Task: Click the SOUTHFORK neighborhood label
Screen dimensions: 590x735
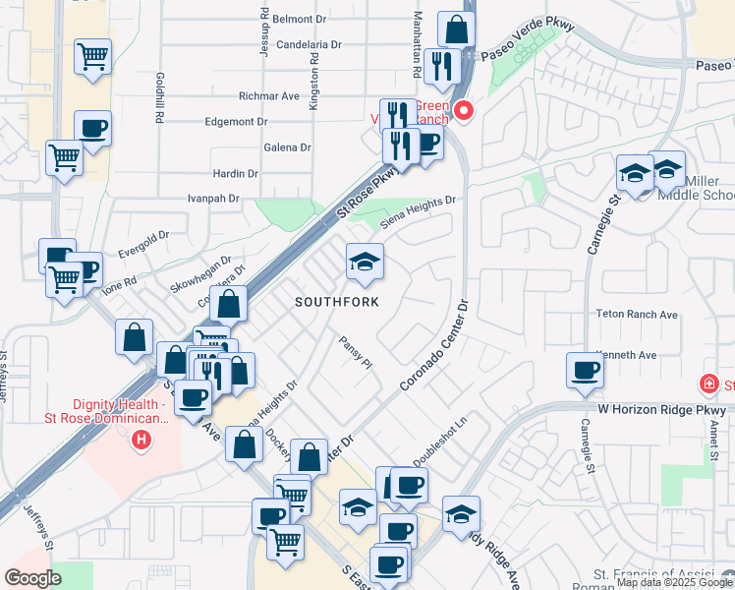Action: (337, 302)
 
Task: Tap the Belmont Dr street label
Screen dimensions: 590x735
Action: (299, 19)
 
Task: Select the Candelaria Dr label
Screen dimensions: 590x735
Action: (309, 44)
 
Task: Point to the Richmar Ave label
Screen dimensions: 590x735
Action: (268, 96)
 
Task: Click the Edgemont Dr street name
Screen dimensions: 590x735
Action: (236, 122)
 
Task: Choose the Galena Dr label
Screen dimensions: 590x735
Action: (287, 147)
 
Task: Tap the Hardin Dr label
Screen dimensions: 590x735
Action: (235, 173)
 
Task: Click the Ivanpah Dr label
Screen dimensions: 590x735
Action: (213, 199)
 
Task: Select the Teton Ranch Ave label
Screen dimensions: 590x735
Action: (637, 315)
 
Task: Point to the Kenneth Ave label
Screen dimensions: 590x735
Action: (627, 354)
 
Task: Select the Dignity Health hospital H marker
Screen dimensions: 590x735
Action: (141, 439)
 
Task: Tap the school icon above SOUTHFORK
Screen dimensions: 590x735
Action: (365, 262)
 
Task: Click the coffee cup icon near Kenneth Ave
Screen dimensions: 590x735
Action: (586, 371)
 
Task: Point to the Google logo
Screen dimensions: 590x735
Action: (32, 578)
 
